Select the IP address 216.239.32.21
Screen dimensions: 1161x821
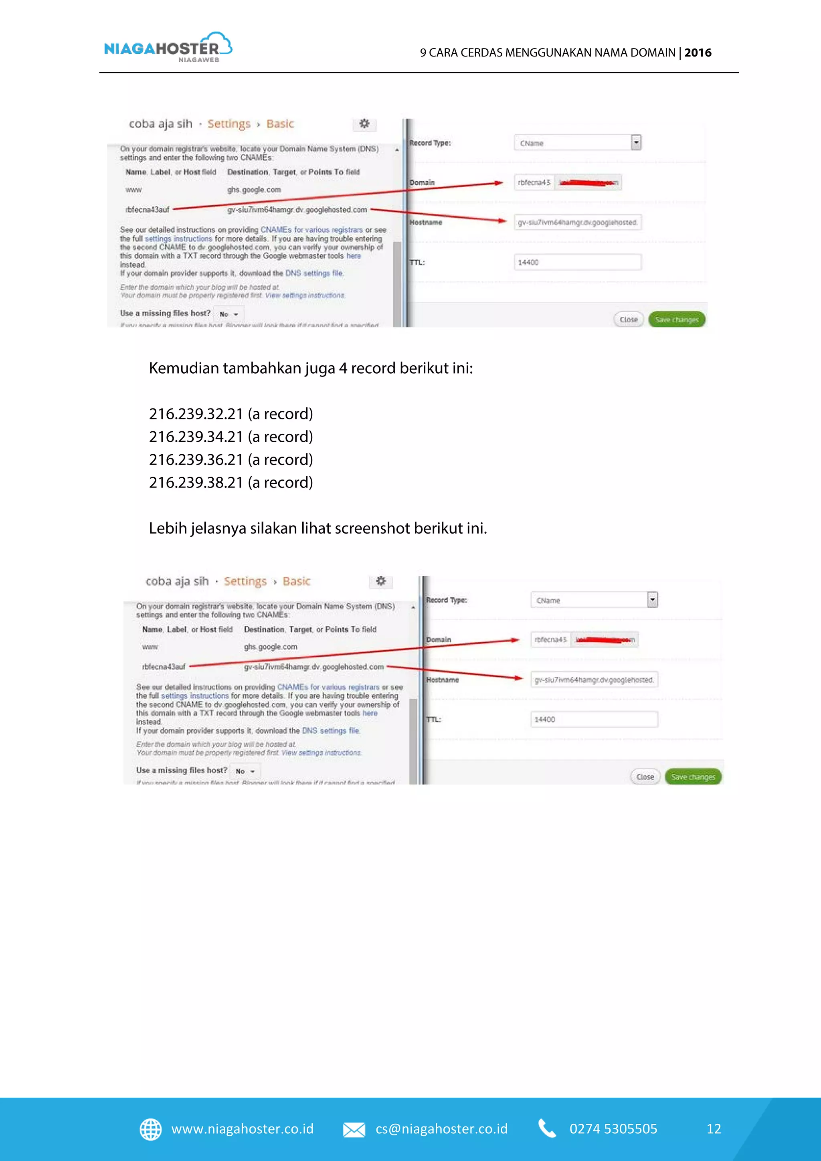[x=196, y=414]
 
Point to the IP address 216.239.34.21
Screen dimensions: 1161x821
[x=196, y=437]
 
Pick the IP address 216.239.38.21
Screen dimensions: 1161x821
[x=196, y=482]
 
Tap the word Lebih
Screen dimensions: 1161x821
[x=168, y=528]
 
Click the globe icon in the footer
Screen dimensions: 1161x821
[x=150, y=1129]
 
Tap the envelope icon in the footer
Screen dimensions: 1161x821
[x=354, y=1130]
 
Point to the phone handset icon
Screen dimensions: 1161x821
[x=547, y=1129]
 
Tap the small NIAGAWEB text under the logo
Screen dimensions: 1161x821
[x=199, y=60]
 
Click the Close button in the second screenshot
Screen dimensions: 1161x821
[x=645, y=777]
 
